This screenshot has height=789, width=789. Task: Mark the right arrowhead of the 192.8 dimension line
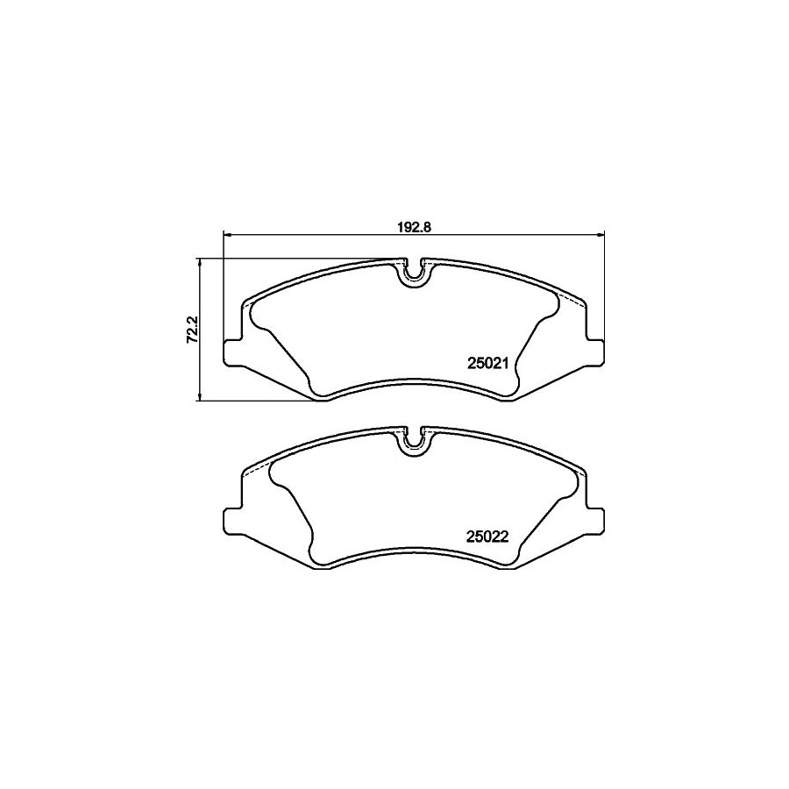click(x=601, y=233)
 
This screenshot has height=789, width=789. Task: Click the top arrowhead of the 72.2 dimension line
click(x=203, y=262)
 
